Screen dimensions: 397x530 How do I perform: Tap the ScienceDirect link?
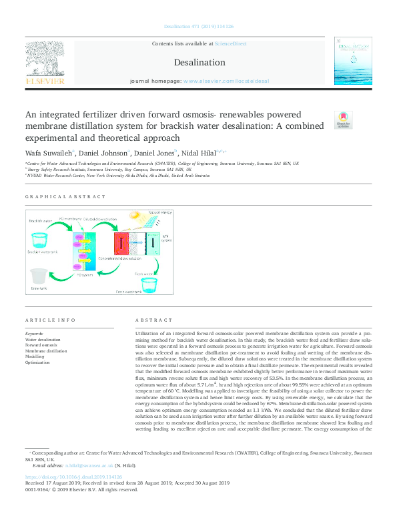pos(232,43)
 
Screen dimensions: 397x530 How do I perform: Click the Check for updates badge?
pos(343,119)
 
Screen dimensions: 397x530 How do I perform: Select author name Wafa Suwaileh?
pos(49,154)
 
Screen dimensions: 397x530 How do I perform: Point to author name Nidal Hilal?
pos(199,154)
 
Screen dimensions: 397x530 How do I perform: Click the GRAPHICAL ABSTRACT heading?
pos(65,197)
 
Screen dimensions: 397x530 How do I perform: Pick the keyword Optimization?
pos(37,362)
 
